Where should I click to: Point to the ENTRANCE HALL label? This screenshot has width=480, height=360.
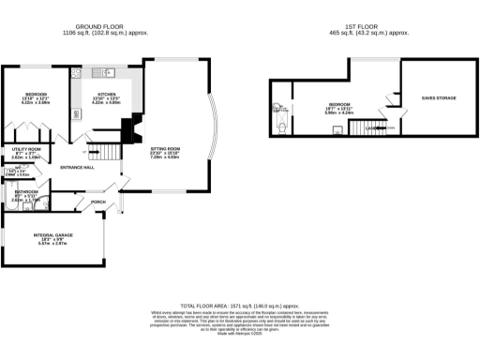coord(77,167)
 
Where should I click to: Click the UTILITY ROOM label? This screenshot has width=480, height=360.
coord(26,150)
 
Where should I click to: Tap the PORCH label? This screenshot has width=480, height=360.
coord(98,202)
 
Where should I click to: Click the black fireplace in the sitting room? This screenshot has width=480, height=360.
coord(137,125)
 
